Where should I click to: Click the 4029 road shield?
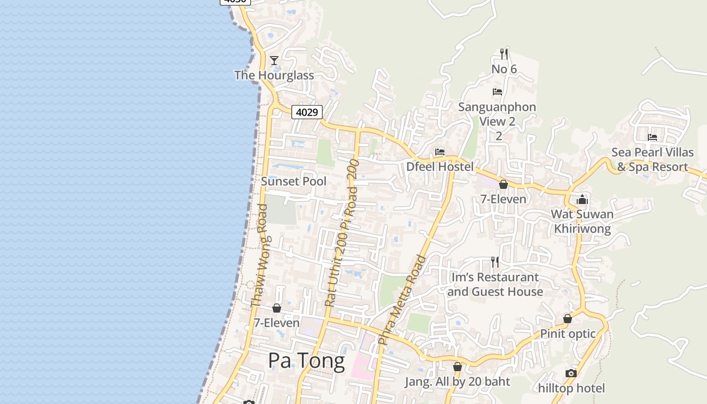(307, 112)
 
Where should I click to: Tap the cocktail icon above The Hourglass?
(274, 61)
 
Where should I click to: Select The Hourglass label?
(274, 75)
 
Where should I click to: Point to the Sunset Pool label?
(294, 181)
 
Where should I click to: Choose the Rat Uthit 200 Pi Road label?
(341, 233)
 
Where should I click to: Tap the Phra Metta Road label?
(402, 300)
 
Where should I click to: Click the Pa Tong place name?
(307, 361)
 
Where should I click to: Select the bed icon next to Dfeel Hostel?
(440, 152)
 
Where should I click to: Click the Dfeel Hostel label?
(440, 167)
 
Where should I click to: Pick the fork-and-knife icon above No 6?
(503, 54)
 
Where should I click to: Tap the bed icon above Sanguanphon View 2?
(497, 92)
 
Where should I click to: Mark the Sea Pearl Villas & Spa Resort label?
(652, 160)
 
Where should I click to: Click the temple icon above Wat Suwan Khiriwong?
(582, 199)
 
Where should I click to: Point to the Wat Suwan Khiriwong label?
(582, 221)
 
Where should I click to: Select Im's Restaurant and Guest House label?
(495, 284)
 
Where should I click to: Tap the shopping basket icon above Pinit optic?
(568, 319)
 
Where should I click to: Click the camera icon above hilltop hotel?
(571, 374)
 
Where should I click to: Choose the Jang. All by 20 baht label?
(458, 382)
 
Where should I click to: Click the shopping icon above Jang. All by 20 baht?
(458, 367)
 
